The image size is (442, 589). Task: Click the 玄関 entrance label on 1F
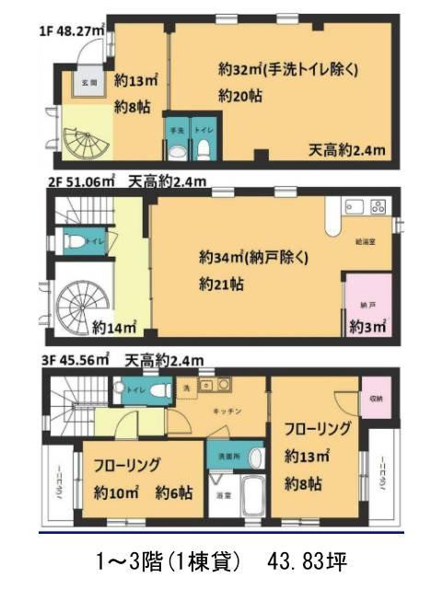coord(88,83)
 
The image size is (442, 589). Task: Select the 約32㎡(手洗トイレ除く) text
coord(288,70)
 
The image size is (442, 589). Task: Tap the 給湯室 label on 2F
coord(366,243)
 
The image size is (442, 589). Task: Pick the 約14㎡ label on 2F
coord(115,326)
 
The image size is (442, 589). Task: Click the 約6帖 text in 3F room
coord(173,492)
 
